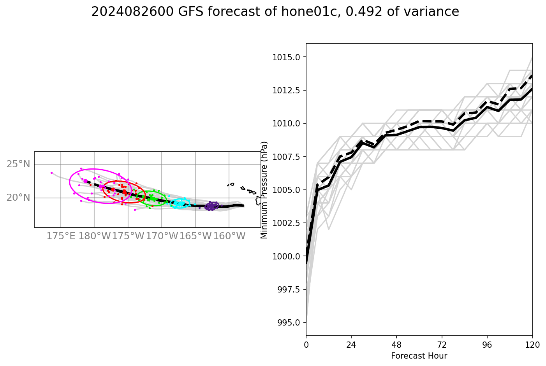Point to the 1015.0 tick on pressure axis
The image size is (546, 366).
pos(287,57)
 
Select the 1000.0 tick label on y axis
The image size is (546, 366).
pos(287,256)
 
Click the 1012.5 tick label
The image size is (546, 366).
pos(287,90)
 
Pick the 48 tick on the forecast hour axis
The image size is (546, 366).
pos(396,344)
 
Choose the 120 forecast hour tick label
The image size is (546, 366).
pos(532,344)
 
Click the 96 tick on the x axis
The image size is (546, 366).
pos(487,344)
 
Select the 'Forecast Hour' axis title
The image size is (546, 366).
pos(419,355)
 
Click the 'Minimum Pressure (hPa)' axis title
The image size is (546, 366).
pos(264,190)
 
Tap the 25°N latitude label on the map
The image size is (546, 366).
pos(18,164)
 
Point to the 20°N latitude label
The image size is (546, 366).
pos(18,198)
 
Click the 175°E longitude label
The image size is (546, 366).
pos(61,236)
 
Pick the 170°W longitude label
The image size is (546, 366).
pos(162,236)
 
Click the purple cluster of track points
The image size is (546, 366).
pos(211,206)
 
